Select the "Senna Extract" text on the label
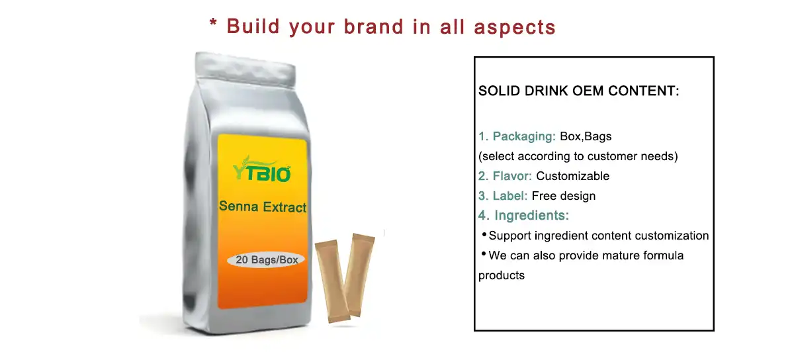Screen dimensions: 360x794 (x=263, y=207)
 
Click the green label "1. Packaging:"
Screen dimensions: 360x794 (x=517, y=137)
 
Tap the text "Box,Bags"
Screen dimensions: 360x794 (x=586, y=137)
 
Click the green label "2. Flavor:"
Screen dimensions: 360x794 (x=506, y=176)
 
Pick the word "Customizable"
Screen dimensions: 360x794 (x=572, y=176)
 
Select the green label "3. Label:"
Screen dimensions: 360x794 (x=503, y=196)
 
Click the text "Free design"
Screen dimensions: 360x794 (x=564, y=196)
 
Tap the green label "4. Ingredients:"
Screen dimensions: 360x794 (x=524, y=216)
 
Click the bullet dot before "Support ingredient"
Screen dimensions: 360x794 (x=484, y=235)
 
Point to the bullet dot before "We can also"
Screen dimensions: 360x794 (x=484, y=254)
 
